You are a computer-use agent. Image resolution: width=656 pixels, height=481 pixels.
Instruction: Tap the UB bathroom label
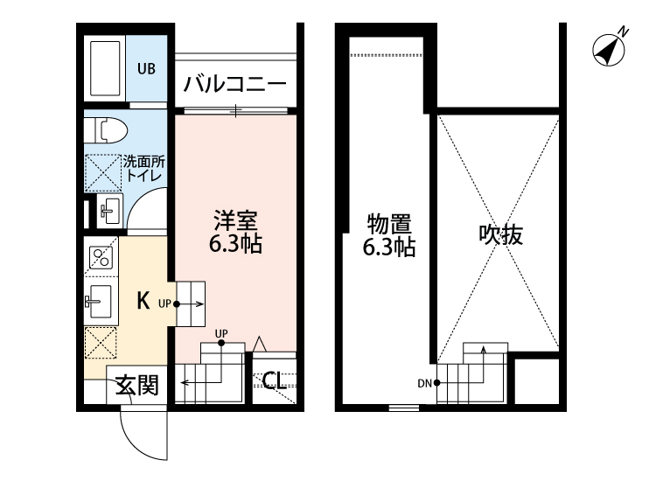[146, 68]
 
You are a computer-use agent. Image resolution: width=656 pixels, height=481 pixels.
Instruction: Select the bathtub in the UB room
[107, 68]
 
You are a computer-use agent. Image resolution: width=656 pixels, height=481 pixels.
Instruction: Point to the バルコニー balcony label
[234, 86]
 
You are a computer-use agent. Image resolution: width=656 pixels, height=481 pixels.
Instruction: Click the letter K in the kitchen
[143, 301]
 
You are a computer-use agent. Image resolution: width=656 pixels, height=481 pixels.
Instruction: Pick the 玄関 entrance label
[137, 386]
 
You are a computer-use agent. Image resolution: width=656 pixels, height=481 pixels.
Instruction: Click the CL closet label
[273, 380]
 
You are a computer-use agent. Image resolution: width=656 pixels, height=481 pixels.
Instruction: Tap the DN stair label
[424, 383]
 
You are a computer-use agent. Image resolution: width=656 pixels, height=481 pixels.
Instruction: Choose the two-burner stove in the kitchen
[100, 258]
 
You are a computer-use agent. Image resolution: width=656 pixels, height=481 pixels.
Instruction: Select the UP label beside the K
[164, 304]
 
